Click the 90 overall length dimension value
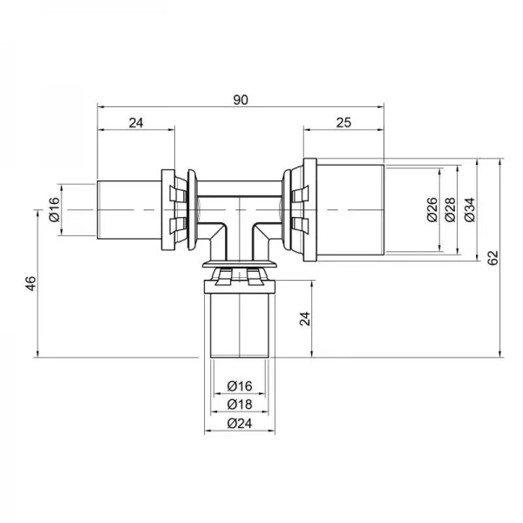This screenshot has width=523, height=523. click(241, 99)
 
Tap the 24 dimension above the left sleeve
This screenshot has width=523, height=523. click(135, 123)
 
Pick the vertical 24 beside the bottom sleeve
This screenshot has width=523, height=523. click(304, 318)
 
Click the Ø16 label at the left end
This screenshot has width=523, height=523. click(54, 210)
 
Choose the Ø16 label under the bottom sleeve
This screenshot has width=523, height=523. click(239, 385)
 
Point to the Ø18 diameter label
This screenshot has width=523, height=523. click(239, 404)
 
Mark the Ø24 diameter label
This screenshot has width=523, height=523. click(239, 425)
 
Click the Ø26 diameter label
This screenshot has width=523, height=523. click(431, 210)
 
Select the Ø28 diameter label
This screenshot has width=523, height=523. click(451, 210)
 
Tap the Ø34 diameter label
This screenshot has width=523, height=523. click(470, 210)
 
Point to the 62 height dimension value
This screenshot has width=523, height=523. click(493, 258)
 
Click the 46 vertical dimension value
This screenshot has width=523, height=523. click(29, 283)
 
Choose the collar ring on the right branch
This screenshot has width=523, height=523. click(297, 210)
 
